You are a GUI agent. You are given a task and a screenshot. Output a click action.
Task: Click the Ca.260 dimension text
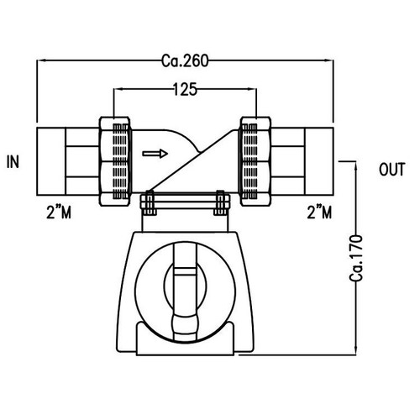[x=185, y=60]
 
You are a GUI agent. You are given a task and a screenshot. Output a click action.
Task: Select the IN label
[x=13, y=160]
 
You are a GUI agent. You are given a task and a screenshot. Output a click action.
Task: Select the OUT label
[x=392, y=171]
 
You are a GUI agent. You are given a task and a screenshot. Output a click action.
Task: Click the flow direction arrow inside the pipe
[x=155, y=153]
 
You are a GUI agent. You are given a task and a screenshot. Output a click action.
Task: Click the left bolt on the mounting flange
[x=148, y=202]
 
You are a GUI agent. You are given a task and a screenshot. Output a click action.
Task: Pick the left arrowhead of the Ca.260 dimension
[x=40, y=60]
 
